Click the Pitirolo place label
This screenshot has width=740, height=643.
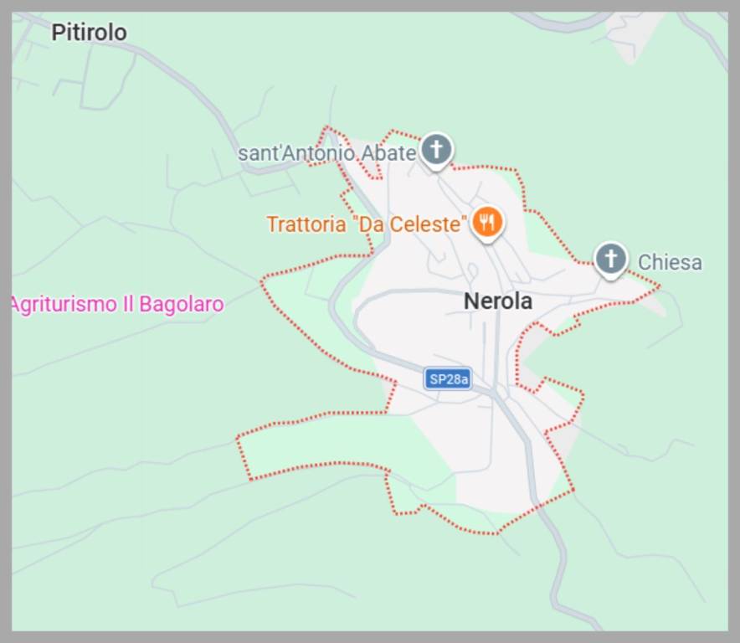[x=89, y=33]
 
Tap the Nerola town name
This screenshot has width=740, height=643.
[x=498, y=301]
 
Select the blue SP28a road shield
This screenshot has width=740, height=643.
[x=447, y=379]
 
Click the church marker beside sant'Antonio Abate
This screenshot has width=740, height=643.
[x=435, y=150]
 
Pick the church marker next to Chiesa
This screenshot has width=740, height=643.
[x=611, y=259]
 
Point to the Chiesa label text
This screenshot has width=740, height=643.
[x=670, y=263]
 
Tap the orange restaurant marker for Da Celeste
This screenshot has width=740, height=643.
[x=486, y=222]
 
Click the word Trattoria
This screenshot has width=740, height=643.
[x=306, y=224]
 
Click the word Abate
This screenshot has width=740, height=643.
[x=388, y=153]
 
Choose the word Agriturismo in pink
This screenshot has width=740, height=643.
[x=64, y=304]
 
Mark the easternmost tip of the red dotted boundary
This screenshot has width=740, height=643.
[x=660, y=286]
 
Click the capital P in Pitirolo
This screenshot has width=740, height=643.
[x=58, y=33]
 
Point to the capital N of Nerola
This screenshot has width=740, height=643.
[x=471, y=301]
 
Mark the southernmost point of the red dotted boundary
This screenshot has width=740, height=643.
[x=495, y=533]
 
